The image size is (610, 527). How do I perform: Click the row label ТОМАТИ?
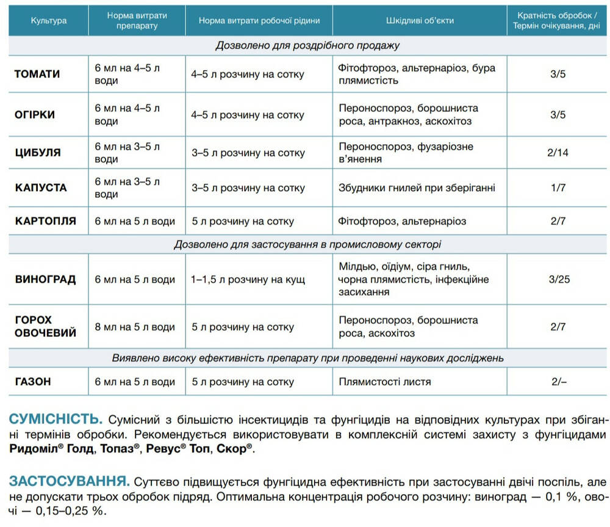point(37,74)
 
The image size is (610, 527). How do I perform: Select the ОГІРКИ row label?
point(35,114)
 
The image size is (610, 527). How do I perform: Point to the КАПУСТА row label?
point(41,187)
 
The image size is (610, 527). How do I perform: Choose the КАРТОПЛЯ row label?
point(46,221)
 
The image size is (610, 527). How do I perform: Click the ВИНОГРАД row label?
point(46,280)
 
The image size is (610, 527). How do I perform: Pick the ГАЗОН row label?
point(33,382)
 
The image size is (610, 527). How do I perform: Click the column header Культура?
point(49,20)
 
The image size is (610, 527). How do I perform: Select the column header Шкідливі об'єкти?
point(420,20)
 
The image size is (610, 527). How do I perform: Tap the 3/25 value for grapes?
point(559,280)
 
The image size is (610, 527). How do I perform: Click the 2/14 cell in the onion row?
point(558,152)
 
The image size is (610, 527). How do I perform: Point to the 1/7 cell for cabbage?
point(558,187)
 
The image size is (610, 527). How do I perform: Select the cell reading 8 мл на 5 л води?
point(135,327)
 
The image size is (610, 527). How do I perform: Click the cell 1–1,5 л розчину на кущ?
point(248,280)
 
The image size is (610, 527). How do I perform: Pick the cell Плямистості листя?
point(385,382)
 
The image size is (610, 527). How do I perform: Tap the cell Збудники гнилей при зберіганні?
point(417,187)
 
